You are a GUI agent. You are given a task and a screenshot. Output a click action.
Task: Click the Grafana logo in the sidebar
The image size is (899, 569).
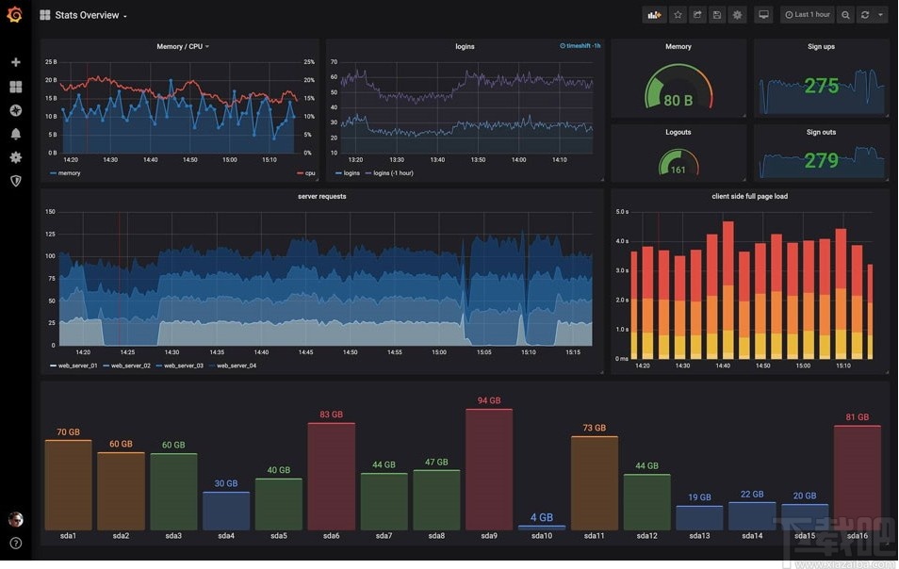14,14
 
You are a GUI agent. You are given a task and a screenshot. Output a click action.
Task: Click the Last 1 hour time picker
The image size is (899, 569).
807,15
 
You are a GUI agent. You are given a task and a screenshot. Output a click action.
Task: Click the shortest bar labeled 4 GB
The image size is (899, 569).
542,527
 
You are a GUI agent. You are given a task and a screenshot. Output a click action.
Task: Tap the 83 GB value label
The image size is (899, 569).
331,415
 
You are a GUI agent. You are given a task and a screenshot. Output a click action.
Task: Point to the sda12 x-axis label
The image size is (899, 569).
646,536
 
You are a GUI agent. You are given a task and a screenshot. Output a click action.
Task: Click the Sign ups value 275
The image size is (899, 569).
821,87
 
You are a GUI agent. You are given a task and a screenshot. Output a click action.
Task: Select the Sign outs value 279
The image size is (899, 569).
821,161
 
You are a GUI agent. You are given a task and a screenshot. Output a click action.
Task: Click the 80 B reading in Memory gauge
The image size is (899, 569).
678,101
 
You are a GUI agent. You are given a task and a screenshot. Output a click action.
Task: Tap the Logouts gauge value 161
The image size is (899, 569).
678,170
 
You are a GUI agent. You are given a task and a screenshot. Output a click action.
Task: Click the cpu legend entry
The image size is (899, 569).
309,173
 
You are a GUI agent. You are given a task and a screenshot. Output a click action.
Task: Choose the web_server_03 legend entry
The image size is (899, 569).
183,366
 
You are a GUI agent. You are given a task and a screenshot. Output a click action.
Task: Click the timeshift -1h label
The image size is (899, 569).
581,45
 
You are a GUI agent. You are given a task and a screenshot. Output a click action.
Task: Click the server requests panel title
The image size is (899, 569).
321,197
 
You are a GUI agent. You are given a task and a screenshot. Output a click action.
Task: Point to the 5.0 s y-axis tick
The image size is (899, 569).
622,212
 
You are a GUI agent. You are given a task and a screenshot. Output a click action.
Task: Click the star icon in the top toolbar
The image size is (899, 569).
677,15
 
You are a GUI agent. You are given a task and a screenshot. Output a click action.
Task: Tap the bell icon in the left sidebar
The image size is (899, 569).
15,134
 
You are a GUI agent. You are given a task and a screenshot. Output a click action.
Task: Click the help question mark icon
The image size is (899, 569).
15,543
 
